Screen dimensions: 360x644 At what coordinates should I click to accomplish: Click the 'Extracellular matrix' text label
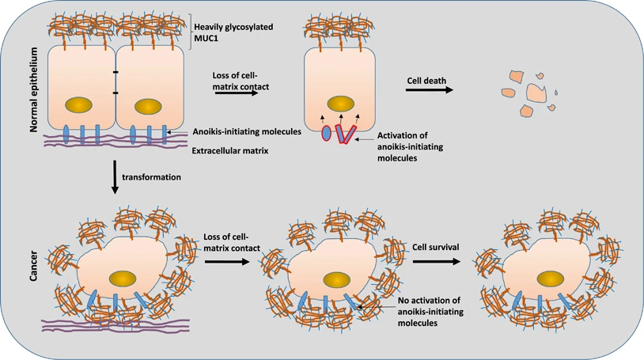tap(229, 149)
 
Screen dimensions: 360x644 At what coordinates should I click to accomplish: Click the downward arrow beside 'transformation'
tap(116, 177)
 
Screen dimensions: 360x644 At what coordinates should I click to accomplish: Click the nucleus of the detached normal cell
tap(341, 104)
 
